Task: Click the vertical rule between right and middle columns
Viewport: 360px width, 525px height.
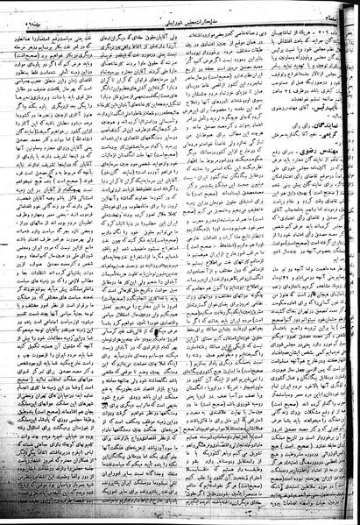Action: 239,263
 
